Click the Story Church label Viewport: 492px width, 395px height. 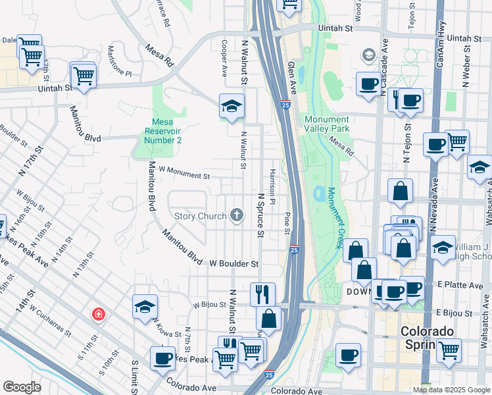tap(200, 216)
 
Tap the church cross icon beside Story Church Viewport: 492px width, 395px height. tap(237, 215)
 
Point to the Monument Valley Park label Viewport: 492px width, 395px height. tap(326, 124)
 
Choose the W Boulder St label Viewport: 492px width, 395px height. tap(234, 263)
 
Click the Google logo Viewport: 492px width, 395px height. tap(22, 387)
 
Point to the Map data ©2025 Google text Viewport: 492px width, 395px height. tap(451, 389)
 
